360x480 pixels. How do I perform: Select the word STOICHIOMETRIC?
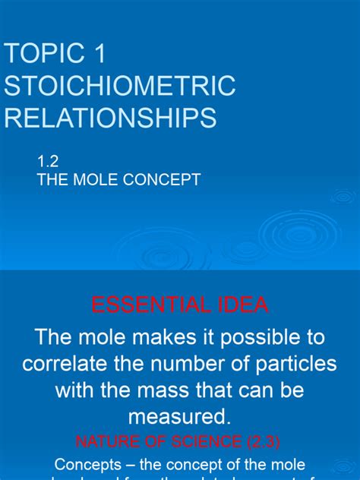coord(120,87)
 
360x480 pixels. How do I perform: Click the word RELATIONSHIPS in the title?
coord(110,118)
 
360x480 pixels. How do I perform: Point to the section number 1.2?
coord(47,161)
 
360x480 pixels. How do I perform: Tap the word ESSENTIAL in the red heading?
coord(144,305)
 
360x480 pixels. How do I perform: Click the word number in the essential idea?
coord(193,363)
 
